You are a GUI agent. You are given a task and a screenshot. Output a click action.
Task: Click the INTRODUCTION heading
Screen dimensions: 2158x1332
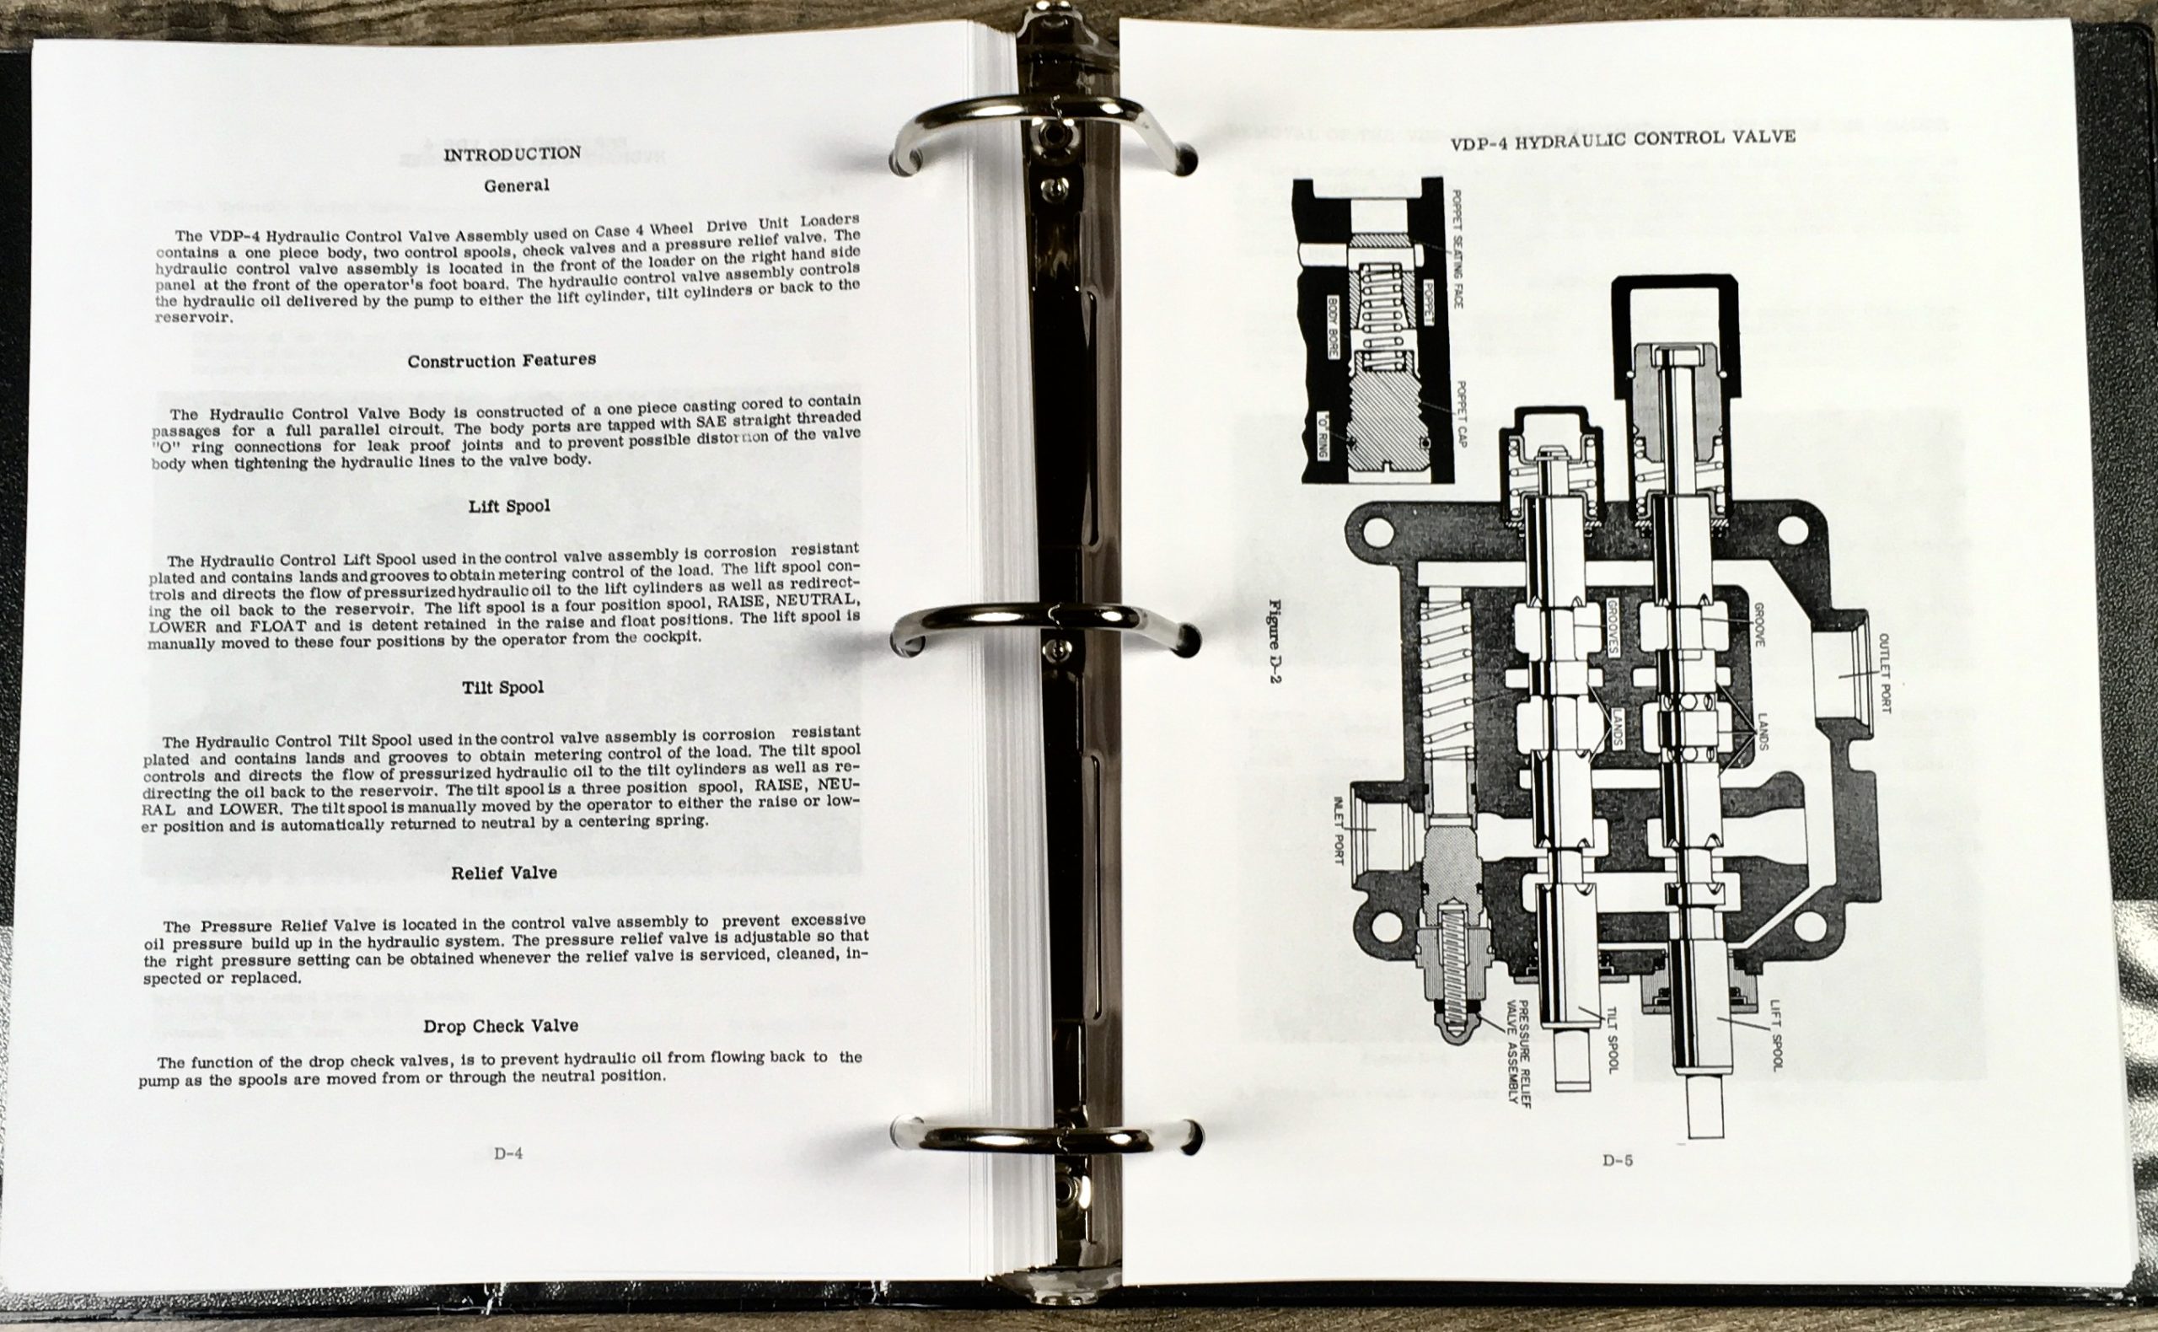point(512,154)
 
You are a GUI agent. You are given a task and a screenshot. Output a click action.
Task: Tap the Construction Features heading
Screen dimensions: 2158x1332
point(502,360)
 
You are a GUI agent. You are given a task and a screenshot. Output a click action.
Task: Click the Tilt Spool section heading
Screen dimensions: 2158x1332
point(503,687)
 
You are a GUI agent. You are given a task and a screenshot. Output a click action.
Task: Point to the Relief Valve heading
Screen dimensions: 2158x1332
point(504,873)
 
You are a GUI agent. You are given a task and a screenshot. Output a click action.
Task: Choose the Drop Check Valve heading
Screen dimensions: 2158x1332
point(501,1025)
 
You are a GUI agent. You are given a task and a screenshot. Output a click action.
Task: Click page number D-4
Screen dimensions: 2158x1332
point(508,1153)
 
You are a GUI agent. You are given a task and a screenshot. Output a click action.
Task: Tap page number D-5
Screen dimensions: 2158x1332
point(1617,1160)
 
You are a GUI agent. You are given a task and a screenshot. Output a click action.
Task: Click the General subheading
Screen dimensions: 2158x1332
point(516,185)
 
